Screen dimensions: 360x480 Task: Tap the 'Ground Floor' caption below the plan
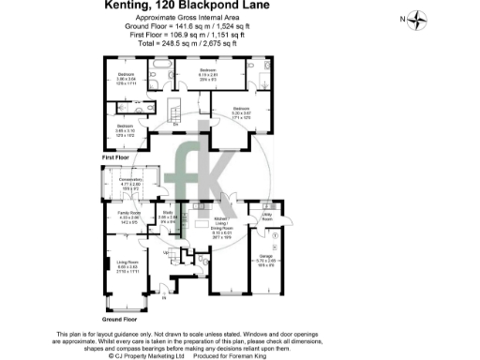pyautogui.click(x=117, y=320)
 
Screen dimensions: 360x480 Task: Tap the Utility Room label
pyautogui.click(x=266, y=217)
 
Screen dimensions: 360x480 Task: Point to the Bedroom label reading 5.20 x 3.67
pyautogui.click(x=241, y=112)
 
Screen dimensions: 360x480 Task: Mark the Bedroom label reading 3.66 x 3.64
pyautogui.click(x=126, y=76)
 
